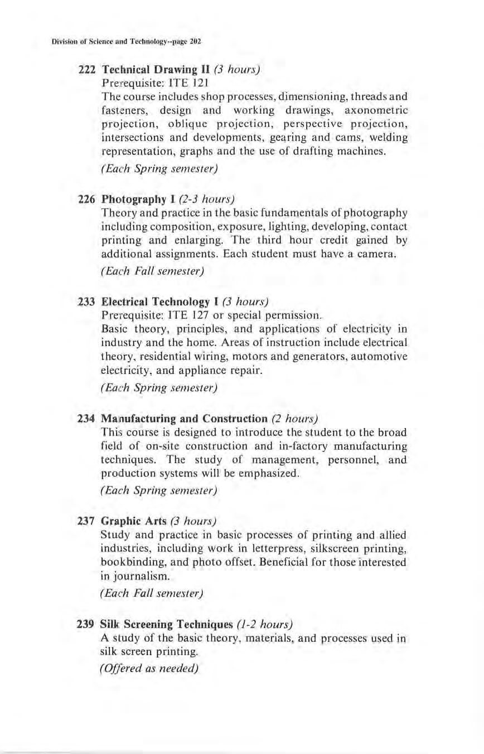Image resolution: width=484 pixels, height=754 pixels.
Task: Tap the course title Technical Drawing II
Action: pos(148,70)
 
